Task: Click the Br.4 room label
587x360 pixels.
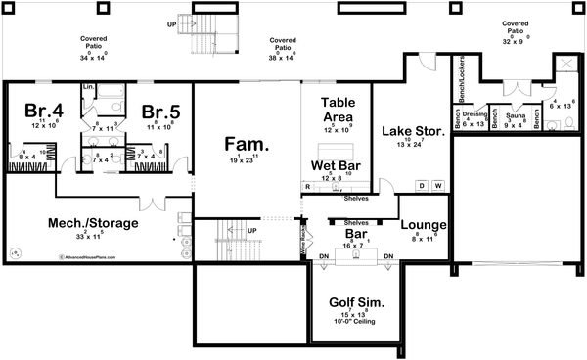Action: coord(44,111)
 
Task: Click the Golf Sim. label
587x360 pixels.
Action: coord(350,303)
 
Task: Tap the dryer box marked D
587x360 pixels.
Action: coord(422,185)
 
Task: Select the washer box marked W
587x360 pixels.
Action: coord(437,185)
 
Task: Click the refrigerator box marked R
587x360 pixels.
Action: coord(307,185)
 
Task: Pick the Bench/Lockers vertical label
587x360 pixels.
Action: coord(460,81)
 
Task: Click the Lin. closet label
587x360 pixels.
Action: coord(88,88)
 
